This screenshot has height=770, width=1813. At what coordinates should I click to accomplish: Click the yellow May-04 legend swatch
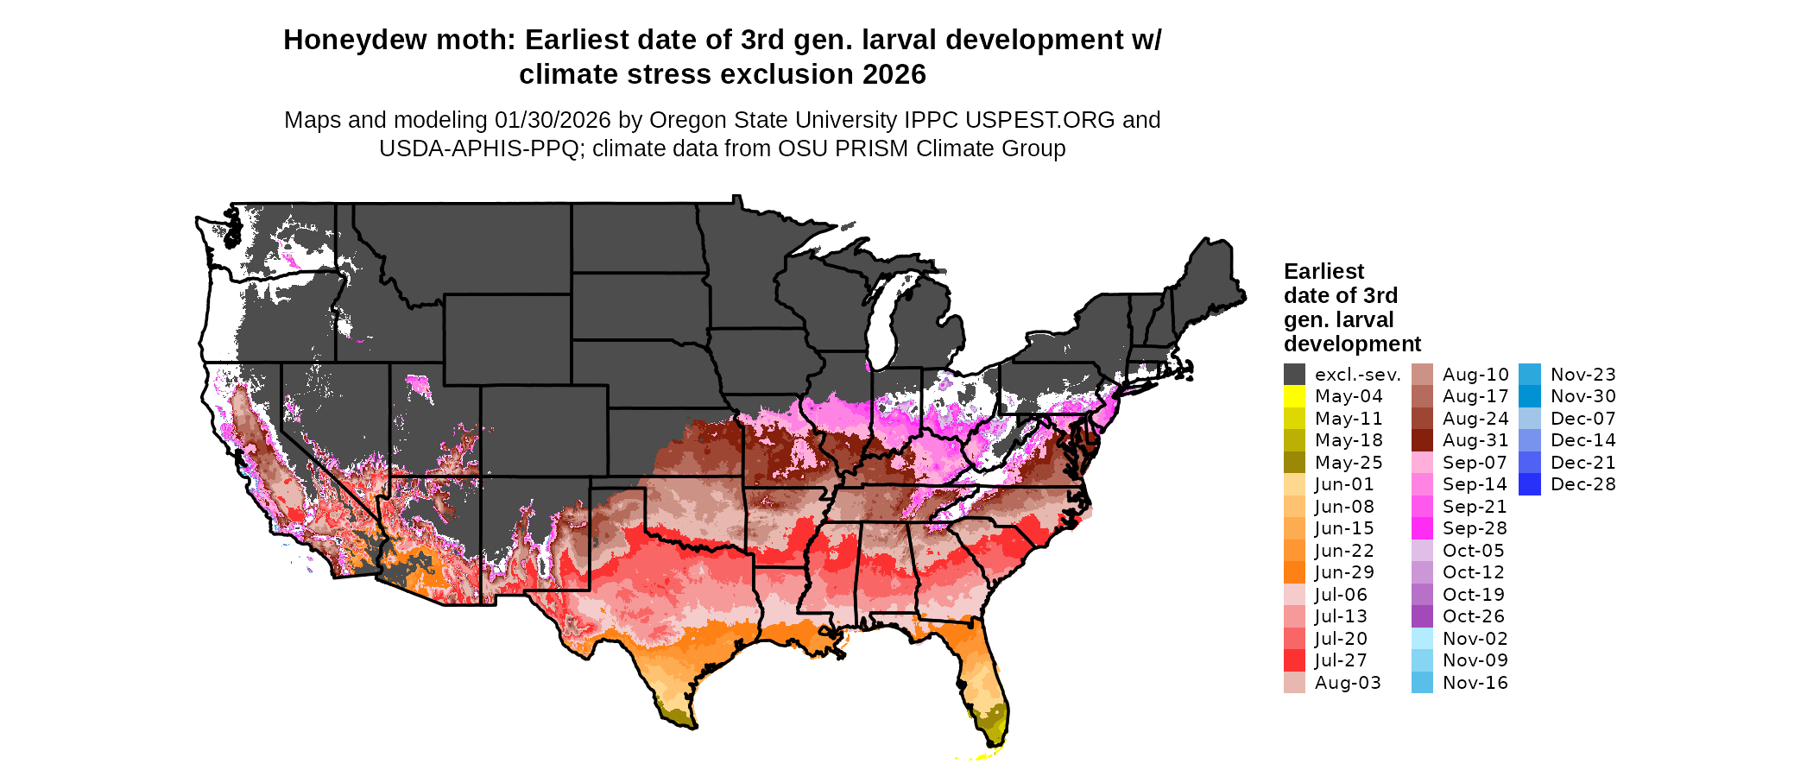[x=1294, y=396]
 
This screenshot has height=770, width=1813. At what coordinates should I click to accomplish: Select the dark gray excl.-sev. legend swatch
[x=1294, y=375]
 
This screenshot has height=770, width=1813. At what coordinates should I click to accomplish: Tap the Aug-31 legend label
[x=1475, y=440]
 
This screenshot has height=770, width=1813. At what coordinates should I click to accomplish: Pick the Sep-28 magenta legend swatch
[x=1422, y=528]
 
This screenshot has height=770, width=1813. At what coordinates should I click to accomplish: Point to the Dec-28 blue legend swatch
[x=1529, y=484]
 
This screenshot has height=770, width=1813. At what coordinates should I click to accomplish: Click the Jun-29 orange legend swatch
[x=1294, y=572]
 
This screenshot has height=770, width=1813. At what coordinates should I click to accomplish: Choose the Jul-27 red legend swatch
[x=1294, y=660]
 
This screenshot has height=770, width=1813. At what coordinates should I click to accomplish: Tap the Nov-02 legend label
[x=1475, y=639]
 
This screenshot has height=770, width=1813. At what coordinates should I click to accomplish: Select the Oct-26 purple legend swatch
[x=1422, y=616]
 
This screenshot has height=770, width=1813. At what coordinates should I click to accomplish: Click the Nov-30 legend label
[x=1583, y=396]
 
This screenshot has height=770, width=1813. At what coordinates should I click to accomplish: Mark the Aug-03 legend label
[x=1348, y=683]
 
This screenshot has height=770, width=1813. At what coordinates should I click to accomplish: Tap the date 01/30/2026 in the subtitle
[x=553, y=120]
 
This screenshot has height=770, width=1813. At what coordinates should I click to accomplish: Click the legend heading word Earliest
[x=1323, y=272]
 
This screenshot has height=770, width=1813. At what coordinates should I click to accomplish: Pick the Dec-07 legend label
[x=1583, y=419]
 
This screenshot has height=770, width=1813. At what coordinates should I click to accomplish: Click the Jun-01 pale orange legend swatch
[x=1294, y=484]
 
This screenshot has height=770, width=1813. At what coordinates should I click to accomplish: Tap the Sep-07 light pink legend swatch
[x=1422, y=463]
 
